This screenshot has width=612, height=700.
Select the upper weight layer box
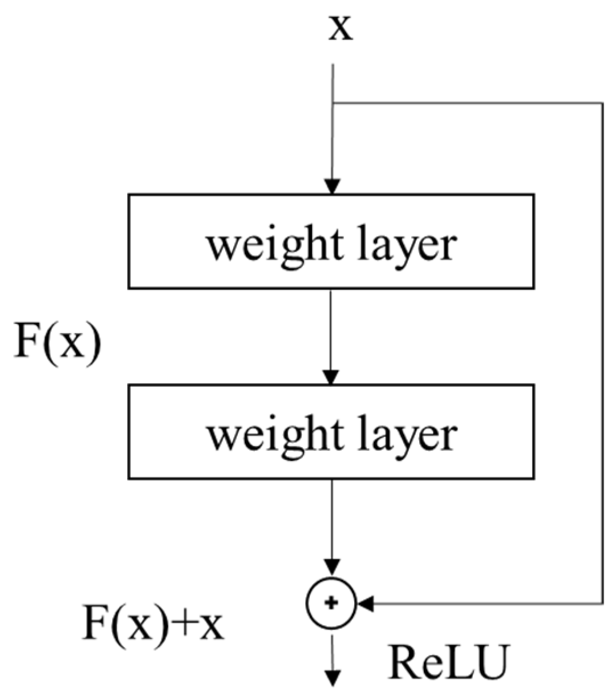click(331, 241)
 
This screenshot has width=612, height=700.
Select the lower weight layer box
click(331, 431)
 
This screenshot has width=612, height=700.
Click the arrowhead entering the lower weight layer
click(331, 377)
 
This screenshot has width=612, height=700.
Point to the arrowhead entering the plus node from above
click(331, 567)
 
